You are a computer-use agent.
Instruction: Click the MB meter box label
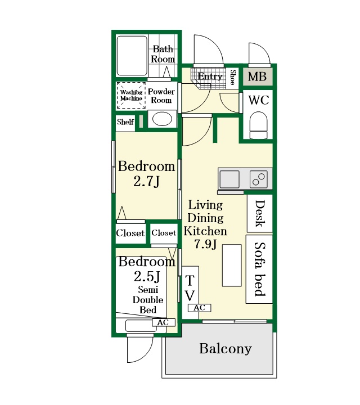coord(257,76)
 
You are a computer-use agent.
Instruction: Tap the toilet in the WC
coord(259,125)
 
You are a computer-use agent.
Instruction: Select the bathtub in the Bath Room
coord(132,56)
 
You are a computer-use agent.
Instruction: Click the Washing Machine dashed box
coord(131,95)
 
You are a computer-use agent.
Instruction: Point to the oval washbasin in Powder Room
coord(162,119)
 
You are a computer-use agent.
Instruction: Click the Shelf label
coord(125,121)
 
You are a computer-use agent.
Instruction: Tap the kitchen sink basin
coord(229,179)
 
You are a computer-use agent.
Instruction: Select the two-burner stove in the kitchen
coord(259,179)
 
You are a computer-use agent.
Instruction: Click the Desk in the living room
coord(260,213)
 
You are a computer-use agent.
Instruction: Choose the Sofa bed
coord(259,269)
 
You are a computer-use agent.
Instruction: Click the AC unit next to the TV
coord(199,308)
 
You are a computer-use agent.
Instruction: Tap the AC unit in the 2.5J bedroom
coord(164,322)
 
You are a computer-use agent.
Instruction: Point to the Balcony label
coord(226,349)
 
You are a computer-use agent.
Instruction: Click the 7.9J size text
coord(205,244)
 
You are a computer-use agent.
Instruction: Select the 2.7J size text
coord(146,181)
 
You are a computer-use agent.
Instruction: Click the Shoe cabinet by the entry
coord(232,78)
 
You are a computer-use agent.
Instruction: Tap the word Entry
coord(210,76)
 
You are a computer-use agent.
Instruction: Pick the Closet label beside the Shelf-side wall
coord(130,233)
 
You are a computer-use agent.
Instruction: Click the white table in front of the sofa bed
coord(232,265)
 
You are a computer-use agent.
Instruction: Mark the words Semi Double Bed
coord(148,300)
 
